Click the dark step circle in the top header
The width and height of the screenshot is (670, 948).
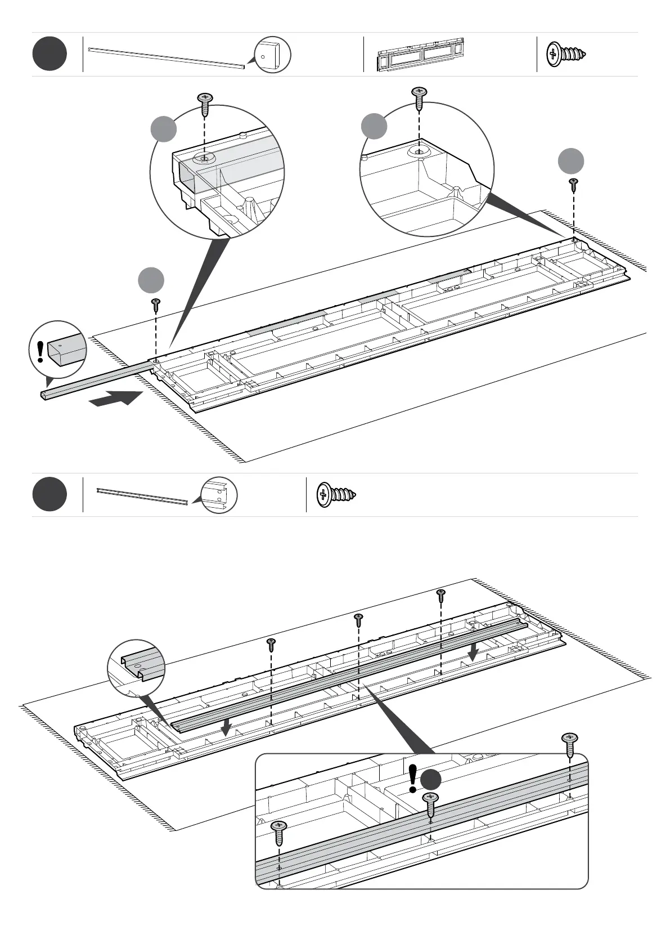click(50, 54)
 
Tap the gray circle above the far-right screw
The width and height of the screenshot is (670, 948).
click(571, 162)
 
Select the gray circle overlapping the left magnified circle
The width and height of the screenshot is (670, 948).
click(164, 129)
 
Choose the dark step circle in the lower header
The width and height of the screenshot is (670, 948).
click(50, 494)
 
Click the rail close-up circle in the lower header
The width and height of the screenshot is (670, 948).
click(219, 495)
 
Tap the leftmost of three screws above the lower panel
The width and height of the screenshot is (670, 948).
click(271, 645)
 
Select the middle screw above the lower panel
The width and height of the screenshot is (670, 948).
click(358, 620)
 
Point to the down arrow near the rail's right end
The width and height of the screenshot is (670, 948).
click(474, 652)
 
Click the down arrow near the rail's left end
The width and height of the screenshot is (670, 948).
click(226, 728)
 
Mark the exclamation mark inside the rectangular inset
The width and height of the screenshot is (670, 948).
click(413, 778)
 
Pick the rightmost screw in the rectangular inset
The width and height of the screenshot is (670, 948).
click(570, 744)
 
